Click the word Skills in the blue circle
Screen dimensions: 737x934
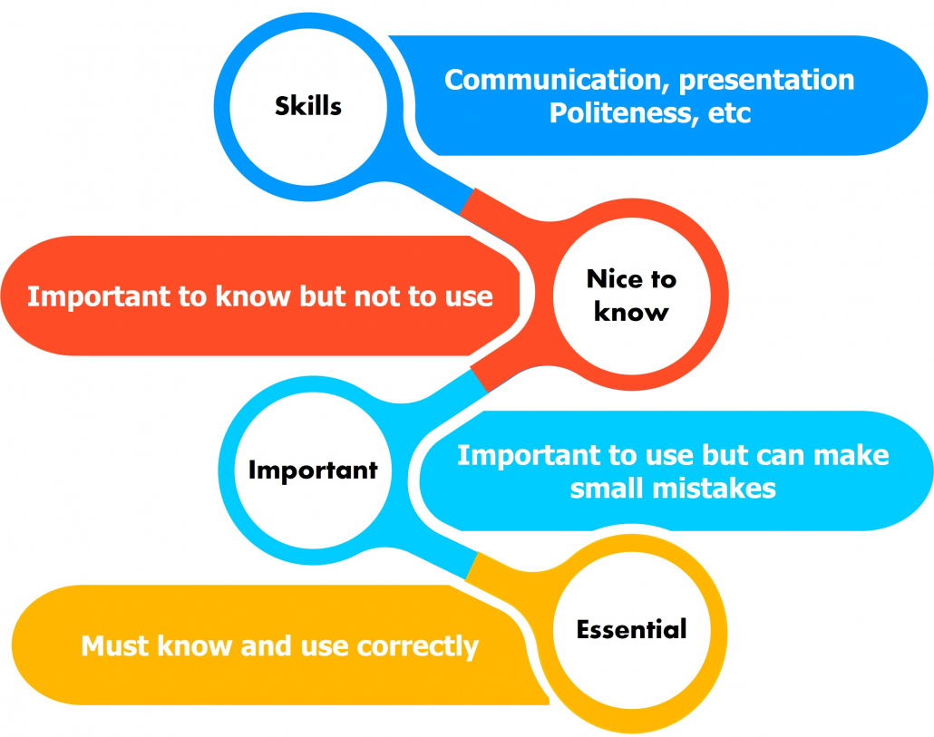pos(308,105)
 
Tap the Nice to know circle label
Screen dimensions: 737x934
pos(631,296)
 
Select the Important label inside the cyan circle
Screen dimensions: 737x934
pos(313,470)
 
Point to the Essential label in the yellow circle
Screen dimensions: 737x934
pos(631,628)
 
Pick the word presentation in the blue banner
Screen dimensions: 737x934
pos(766,81)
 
